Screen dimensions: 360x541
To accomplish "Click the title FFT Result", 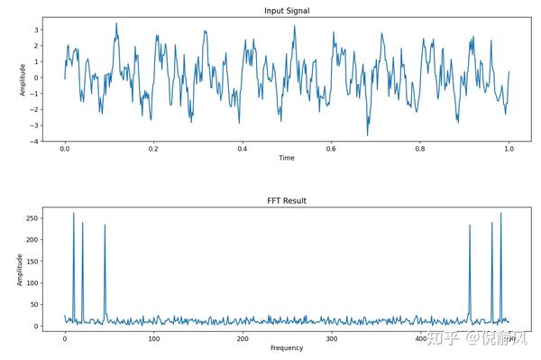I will click(287, 200).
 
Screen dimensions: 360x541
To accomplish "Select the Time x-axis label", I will click(287, 158).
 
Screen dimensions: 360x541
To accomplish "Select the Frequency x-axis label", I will click(287, 348).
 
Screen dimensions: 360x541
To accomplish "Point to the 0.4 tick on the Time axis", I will click(243, 149).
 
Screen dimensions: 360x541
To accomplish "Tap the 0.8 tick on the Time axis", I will click(420, 149).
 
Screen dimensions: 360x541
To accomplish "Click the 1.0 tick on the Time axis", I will click(509, 149).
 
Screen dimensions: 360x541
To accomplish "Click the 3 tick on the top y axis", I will click(36, 30).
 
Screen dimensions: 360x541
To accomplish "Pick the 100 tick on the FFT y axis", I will click(32, 282).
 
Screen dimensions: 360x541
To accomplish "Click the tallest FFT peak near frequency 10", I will click(74, 214).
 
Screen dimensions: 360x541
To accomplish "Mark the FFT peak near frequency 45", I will click(105, 226).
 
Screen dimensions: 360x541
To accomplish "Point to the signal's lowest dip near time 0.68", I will click(367, 135).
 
